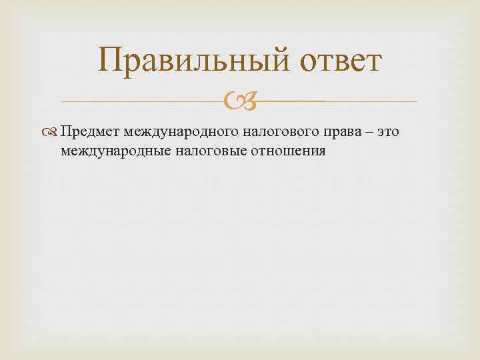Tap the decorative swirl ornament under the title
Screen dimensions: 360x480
pyautogui.click(x=239, y=102)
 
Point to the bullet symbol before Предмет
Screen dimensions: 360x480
pyautogui.click(x=53, y=132)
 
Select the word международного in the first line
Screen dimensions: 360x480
pyautogui.click(x=179, y=132)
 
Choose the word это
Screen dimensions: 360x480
pyautogui.click(x=389, y=132)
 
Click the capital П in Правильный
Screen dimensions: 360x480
pyautogui.click(x=109, y=61)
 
